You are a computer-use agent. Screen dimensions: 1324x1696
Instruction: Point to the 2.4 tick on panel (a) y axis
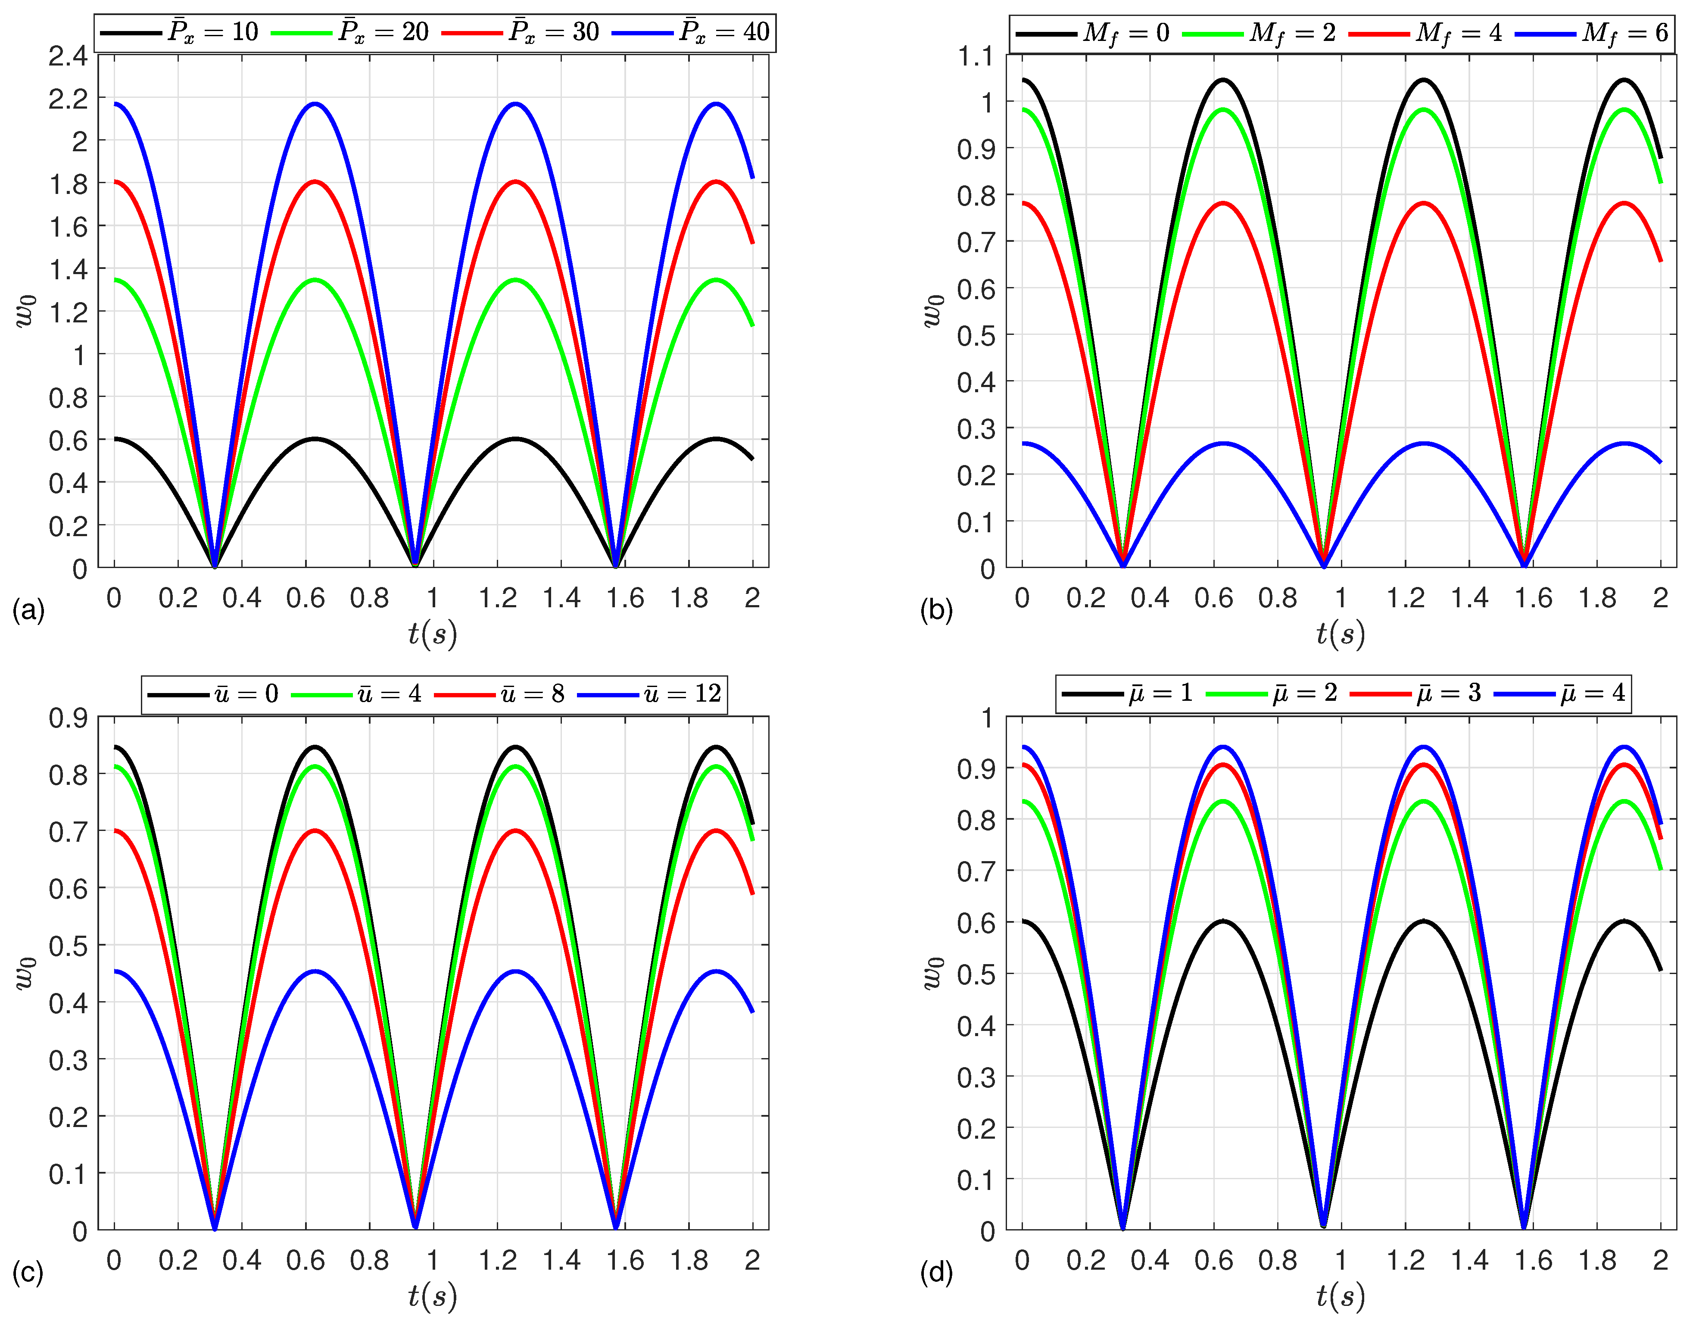coord(69,56)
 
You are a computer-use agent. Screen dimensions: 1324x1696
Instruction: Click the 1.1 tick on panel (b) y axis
coord(976,56)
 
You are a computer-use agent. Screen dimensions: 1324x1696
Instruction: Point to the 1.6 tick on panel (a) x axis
coord(625,598)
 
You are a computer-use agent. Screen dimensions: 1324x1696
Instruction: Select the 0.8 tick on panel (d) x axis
coord(1278,1259)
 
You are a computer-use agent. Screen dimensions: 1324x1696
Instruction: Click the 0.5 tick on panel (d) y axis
coord(976,974)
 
